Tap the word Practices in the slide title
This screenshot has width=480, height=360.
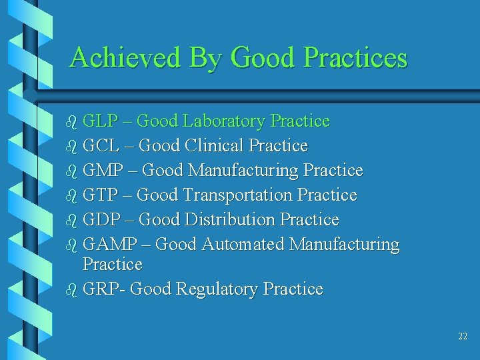click(355, 58)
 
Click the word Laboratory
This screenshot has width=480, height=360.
click(224, 121)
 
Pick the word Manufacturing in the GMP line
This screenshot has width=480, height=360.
click(243, 171)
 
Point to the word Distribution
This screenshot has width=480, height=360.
click(230, 220)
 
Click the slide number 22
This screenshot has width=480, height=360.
click(463, 337)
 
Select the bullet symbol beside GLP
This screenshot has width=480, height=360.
click(73, 122)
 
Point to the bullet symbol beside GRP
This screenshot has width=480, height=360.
click(73, 290)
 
